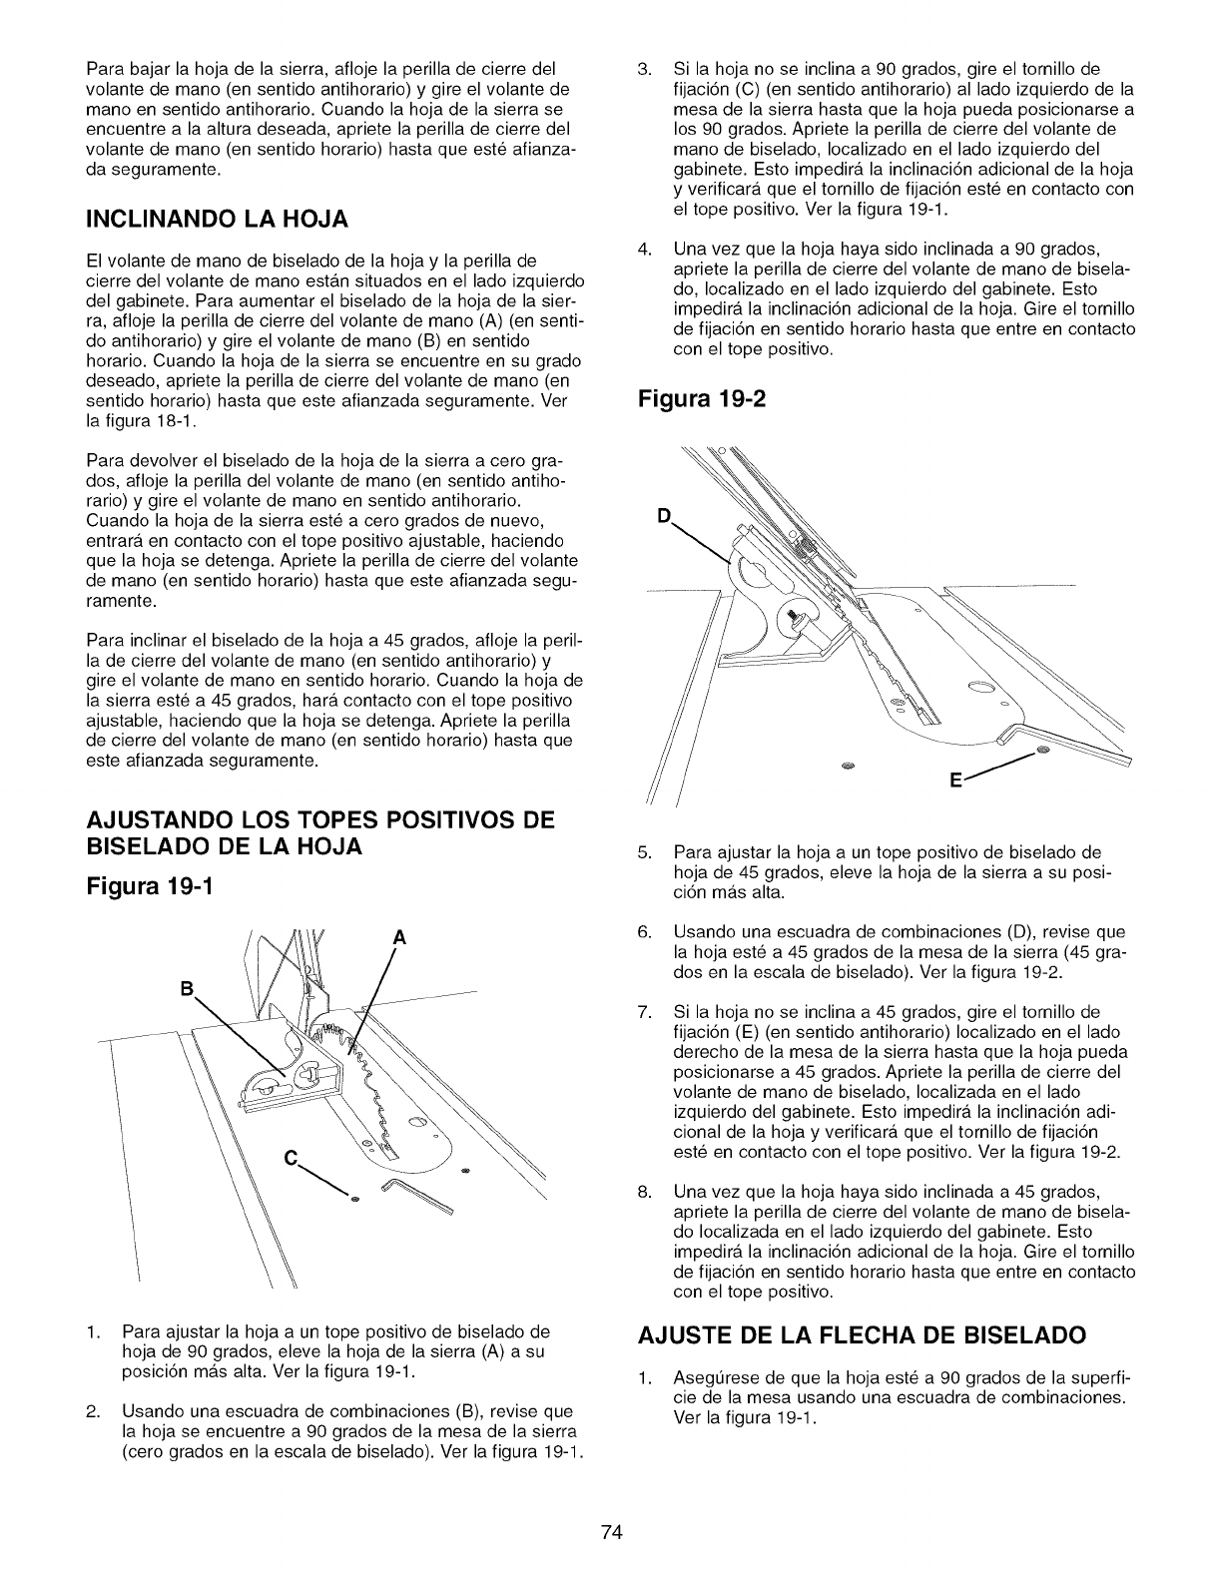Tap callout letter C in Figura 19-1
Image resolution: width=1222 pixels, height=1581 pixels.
pos(290,1159)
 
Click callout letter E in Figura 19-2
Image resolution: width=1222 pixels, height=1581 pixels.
pos(954,783)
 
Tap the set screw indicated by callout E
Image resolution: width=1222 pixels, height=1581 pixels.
pos(1042,749)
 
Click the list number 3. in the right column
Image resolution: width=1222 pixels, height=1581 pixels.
pos(644,69)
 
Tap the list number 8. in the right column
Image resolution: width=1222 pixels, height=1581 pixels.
pos(644,1192)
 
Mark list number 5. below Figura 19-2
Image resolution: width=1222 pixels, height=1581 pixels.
pos(644,852)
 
